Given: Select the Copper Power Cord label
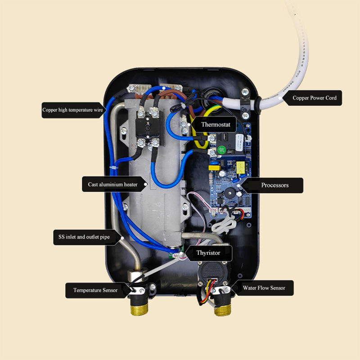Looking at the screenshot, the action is pos(314,98).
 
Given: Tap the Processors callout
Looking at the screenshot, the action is pos(275,185).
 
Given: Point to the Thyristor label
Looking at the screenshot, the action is pos(208,253).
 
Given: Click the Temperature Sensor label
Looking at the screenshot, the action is pos(95,290).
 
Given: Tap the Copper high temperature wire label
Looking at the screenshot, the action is pos(72,110).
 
